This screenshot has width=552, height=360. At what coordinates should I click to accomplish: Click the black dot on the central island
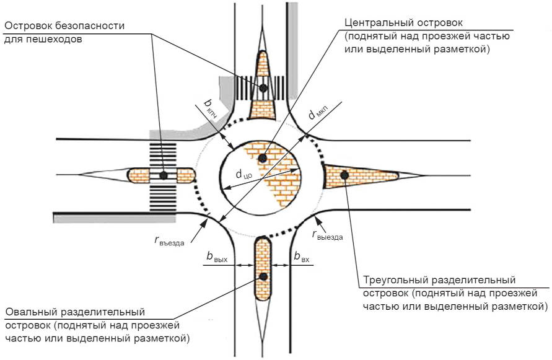click(x=262, y=158)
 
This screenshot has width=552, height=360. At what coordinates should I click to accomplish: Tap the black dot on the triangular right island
click(x=344, y=175)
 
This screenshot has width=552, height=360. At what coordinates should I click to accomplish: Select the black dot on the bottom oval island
click(x=263, y=276)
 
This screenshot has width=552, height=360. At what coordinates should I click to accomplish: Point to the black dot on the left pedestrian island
click(x=164, y=175)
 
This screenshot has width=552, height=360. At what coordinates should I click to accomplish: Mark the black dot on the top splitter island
click(x=263, y=88)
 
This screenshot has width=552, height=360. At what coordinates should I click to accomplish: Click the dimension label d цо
click(x=243, y=174)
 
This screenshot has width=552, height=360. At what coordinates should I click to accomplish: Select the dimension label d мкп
click(x=318, y=113)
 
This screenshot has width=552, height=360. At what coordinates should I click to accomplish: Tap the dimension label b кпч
click(x=211, y=108)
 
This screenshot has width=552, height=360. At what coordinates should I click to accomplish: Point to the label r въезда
click(x=169, y=241)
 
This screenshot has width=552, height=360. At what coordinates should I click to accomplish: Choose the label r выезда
click(x=327, y=235)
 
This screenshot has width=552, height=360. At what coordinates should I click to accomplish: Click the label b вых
click(x=217, y=257)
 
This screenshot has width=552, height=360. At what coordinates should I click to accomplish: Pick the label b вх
click(x=302, y=257)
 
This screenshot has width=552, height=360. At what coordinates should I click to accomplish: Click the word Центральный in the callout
click(x=379, y=24)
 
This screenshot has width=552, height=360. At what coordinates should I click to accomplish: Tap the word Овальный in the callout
click(x=32, y=312)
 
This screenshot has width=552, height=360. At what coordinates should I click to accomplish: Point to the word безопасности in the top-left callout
click(x=90, y=26)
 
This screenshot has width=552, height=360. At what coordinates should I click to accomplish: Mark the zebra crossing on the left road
click(x=163, y=177)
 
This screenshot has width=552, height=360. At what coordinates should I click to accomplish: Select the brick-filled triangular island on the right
click(x=361, y=176)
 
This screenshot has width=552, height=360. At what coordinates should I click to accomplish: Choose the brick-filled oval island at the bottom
click(x=263, y=269)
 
